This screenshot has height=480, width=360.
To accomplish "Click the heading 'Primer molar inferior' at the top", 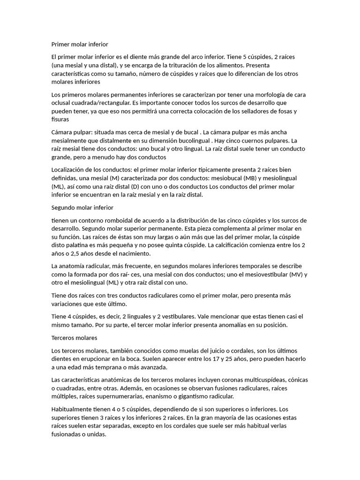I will point(80,45).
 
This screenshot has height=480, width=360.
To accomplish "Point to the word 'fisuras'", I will point(60,120).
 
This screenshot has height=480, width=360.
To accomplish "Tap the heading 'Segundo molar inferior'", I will point(82,207).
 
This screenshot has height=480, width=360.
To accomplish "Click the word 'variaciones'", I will point(69,304).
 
